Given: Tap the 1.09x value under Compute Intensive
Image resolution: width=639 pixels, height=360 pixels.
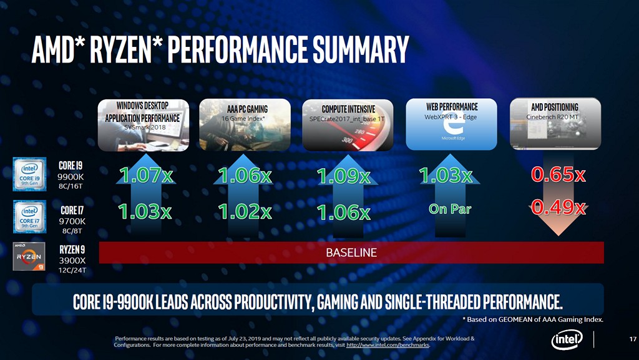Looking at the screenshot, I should (x=344, y=176).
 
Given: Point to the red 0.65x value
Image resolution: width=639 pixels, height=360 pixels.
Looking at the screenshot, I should (x=558, y=176).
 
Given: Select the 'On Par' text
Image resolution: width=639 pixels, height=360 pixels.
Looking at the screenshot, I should (x=450, y=209).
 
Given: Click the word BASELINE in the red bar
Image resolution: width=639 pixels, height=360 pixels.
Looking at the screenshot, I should (x=351, y=253).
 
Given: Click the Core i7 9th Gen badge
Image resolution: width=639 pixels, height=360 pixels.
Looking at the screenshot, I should (x=30, y=216).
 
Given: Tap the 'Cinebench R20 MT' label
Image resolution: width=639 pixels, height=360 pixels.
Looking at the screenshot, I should (x=553, y=117).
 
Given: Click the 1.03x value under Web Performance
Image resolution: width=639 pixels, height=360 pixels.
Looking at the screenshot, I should (x=446, y=176).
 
